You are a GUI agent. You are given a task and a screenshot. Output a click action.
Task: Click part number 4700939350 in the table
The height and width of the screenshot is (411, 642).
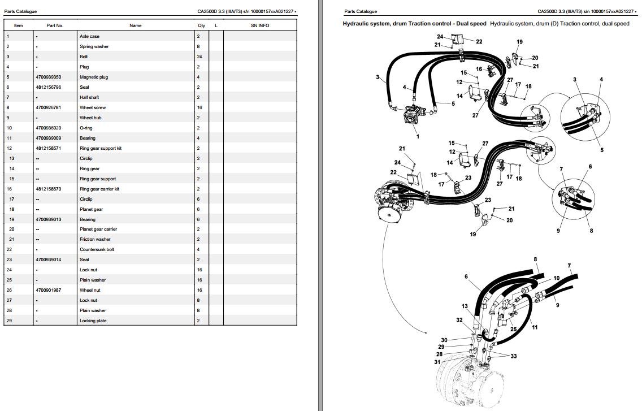coord(48,77)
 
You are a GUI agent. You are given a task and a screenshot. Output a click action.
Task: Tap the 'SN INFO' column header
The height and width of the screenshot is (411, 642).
coord(260,25)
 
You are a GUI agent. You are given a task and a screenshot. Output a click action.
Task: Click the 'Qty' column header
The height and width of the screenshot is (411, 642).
coord(201,25)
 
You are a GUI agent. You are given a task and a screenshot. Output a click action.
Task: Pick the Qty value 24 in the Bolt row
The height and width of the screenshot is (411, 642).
coord(199,57)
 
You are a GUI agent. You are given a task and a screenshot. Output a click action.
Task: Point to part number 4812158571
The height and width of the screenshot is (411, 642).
coord(48,148)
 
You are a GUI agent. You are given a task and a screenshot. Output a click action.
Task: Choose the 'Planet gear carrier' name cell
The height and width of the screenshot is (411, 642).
coord(98,229)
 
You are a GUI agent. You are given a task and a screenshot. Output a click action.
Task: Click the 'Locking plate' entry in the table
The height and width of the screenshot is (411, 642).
coord(93,321)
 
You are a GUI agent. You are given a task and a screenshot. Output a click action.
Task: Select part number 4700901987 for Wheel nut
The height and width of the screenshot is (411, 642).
coord(48,290)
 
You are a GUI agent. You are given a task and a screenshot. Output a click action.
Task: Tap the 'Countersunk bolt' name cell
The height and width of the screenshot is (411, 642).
coord(97,249)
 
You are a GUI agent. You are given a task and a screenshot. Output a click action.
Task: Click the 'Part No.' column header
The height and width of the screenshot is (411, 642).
coord(55,25)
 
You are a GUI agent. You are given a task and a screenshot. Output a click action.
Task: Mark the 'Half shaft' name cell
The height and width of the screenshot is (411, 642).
coord(89,98)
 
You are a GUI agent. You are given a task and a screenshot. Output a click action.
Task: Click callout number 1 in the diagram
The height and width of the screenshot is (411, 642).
coord(418,136)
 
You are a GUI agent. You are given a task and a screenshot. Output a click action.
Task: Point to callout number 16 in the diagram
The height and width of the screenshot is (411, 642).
coord(479,69)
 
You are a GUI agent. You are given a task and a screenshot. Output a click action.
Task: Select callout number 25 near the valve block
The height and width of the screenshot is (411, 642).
coord(514,329)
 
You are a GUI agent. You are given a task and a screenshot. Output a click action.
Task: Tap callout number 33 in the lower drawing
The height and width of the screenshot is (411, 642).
coord(514,356)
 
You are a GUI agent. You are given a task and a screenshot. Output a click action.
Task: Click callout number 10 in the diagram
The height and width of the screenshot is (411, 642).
coord(557,278)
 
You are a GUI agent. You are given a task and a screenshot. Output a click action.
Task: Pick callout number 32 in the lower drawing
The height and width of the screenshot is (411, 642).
coord(459,320)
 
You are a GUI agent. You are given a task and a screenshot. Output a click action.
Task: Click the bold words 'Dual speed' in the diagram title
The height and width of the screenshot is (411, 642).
coord(472,24)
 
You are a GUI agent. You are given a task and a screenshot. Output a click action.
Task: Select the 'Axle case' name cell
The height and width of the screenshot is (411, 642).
coord(89,37)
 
